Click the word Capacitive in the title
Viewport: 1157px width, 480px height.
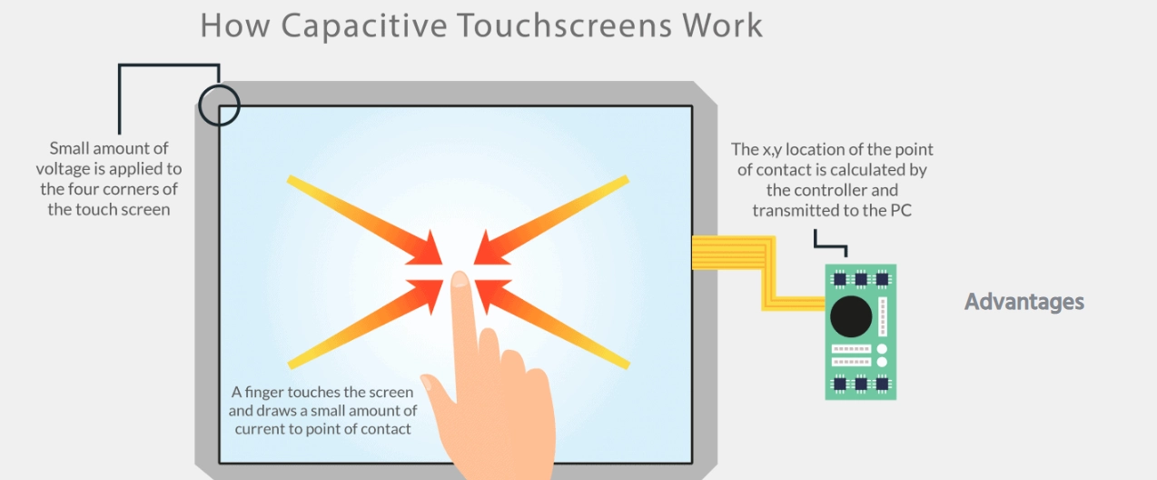tap(364, 25)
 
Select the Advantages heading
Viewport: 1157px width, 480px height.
tap(1023, 302)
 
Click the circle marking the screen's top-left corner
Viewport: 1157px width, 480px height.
tap(219, 105)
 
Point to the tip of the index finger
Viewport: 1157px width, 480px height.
tap(460, 279)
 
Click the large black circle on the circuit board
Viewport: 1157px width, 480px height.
tap(851, 315)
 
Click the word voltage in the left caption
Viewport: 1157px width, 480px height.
tap(66, 169)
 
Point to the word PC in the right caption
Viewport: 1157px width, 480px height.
tap(899, 211)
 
